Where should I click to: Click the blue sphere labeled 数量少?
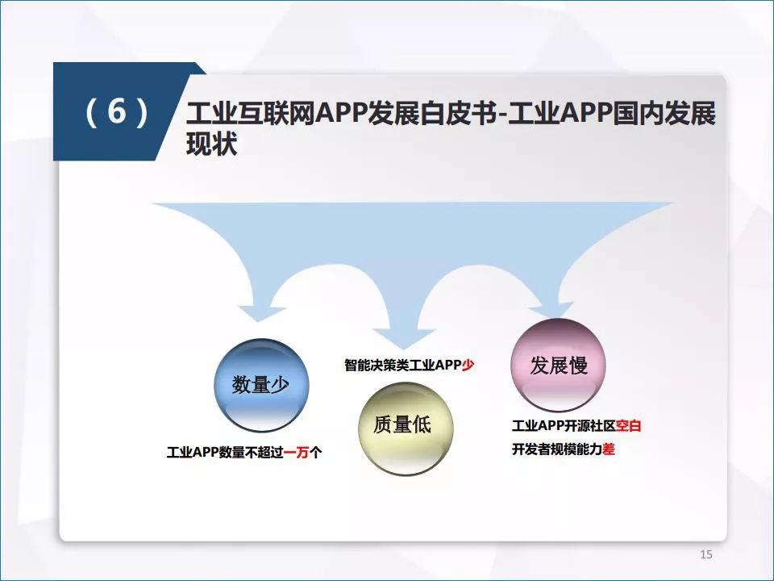tap(261, 386)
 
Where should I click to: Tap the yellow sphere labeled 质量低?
tap(406, 428)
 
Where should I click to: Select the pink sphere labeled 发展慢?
tap(558, 365)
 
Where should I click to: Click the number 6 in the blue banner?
tap(117, 111)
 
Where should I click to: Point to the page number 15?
tap(706, 554)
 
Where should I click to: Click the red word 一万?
tap(296, 452)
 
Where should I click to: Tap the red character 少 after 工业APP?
tap(468, 365)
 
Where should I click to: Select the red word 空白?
tap(628, 425)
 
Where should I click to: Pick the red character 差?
tap(608, 449)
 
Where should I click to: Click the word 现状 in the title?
tap(212, 144)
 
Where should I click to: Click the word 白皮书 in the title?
tap(458, 114)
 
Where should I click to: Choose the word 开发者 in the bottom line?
tap(531, 449)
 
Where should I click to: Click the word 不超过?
tap(264, 452)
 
